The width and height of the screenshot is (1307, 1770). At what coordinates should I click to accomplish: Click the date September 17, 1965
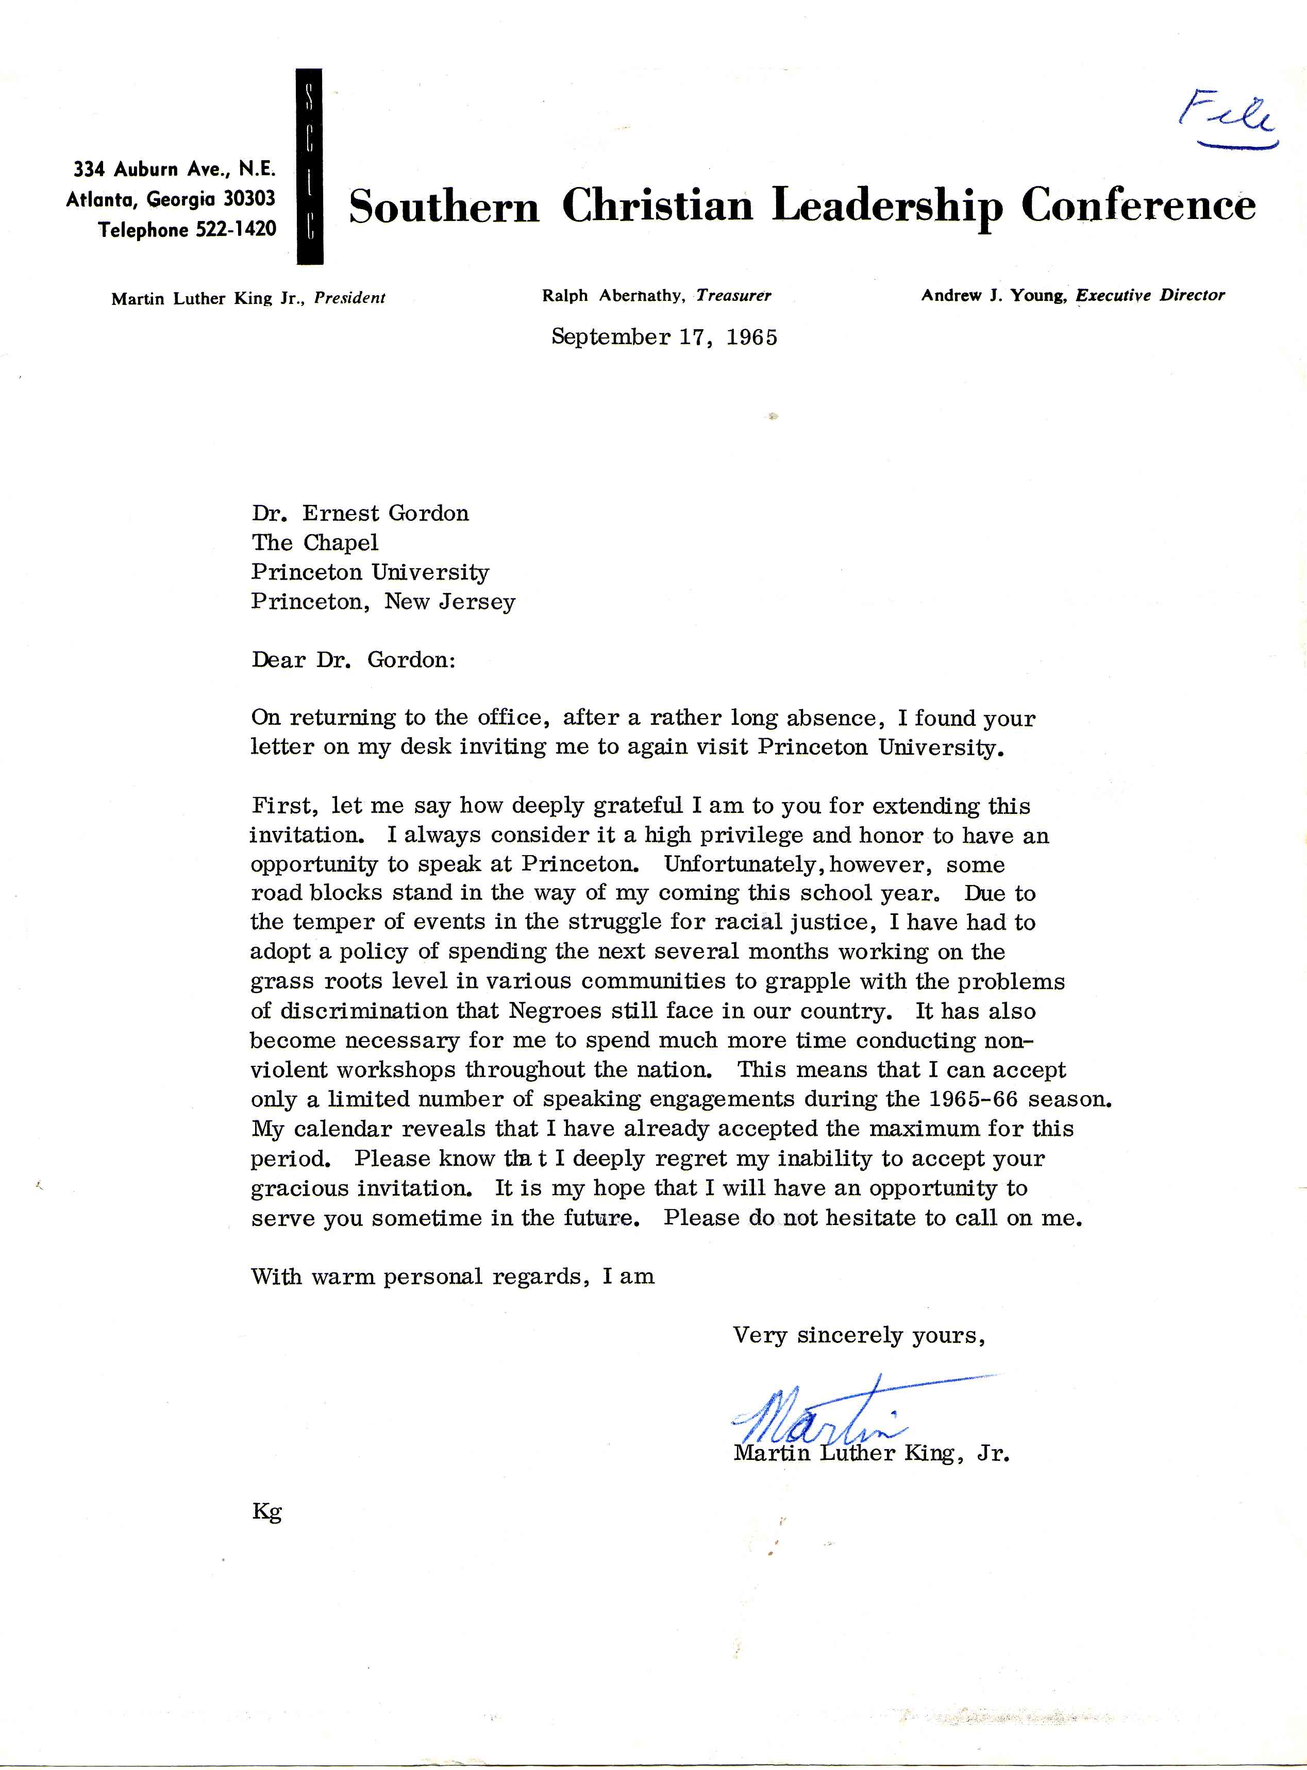click(x=664, y=338)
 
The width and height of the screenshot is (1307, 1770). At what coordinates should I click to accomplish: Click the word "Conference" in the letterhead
click(x=1137, y=207)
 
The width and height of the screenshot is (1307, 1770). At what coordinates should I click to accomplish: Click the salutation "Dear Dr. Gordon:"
click(x=354, y=660)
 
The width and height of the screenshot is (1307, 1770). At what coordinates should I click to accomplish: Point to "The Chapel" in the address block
click(x=315, y=543)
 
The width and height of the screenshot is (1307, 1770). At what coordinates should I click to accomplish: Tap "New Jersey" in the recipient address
click(x=449, y=603)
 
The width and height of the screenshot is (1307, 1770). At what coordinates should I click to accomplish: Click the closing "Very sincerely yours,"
click(x=859, y=1336)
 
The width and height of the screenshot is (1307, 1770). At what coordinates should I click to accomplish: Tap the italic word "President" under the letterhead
click(x=350, y=299)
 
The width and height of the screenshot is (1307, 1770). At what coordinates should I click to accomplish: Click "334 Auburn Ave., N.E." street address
click(x=175, y=169)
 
